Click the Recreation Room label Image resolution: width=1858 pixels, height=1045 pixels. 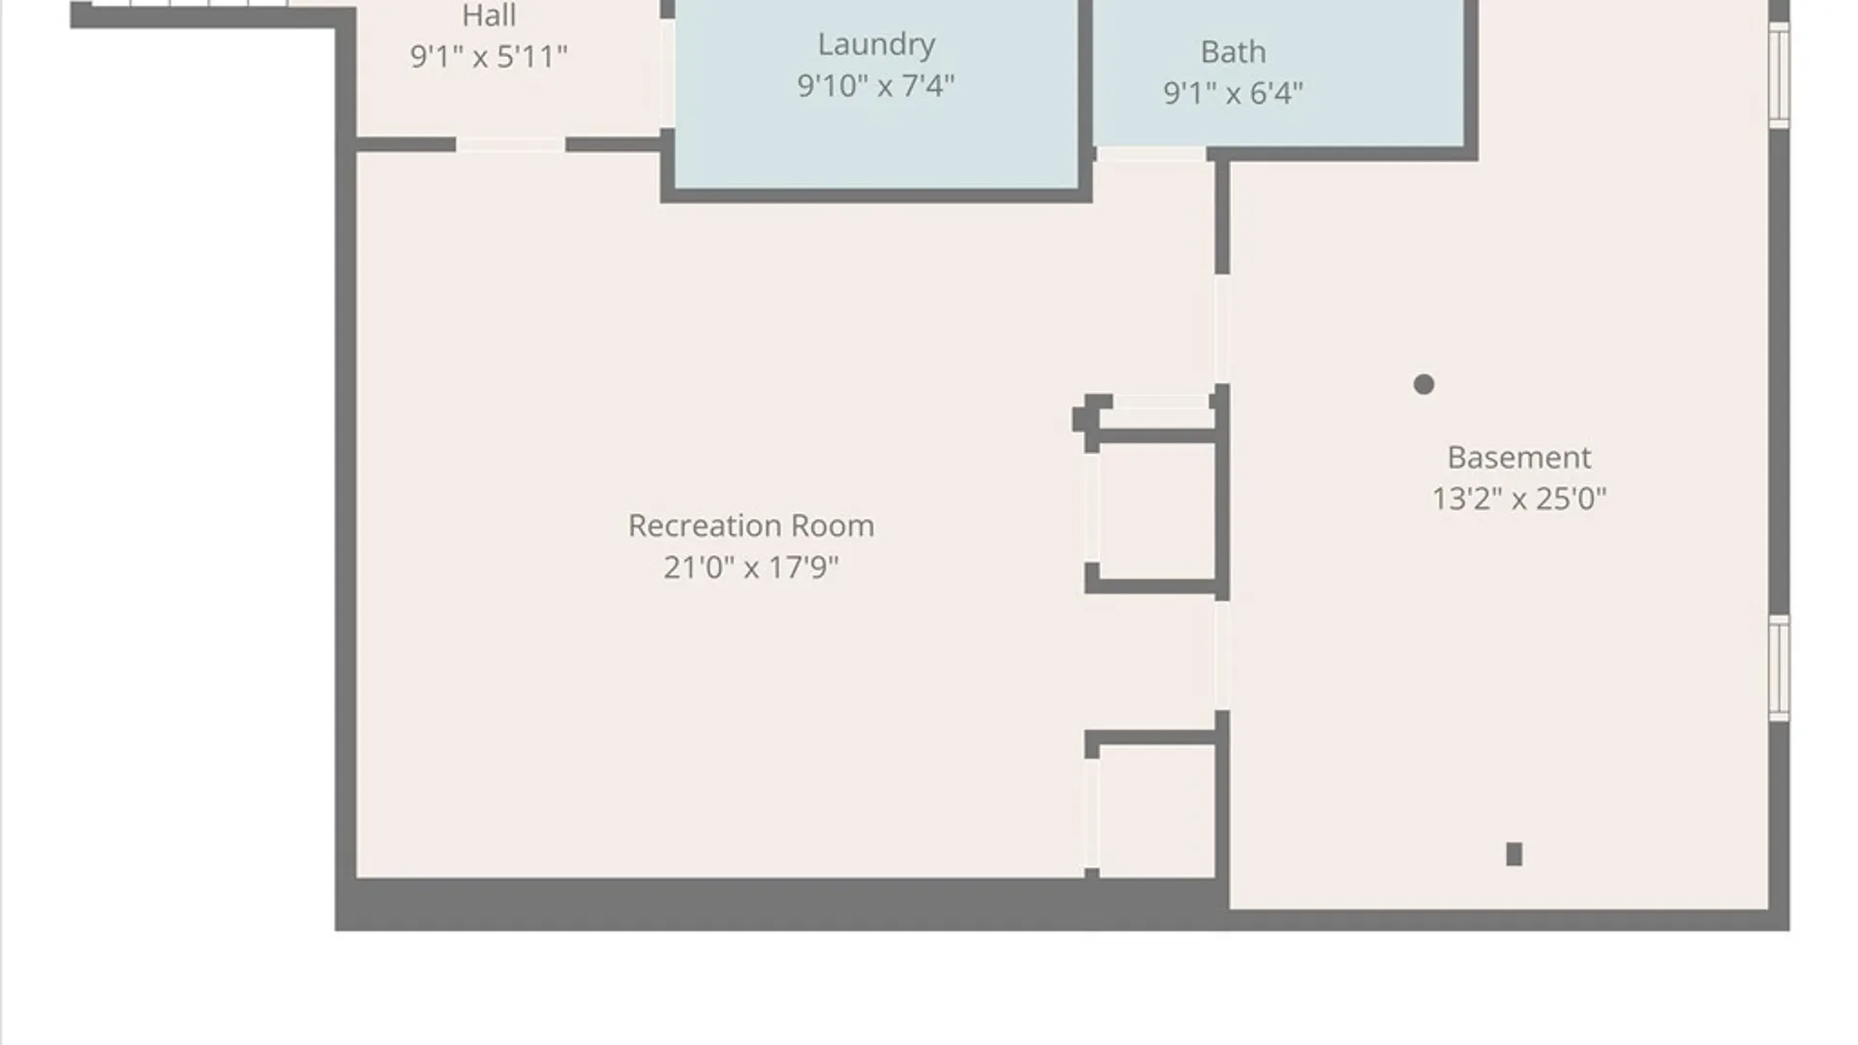pos(751,525)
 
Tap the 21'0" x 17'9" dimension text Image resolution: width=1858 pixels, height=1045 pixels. pos(751,566)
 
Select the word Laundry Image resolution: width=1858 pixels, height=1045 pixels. pos(877,45)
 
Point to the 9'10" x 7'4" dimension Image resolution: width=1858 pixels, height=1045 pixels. pos(876,85)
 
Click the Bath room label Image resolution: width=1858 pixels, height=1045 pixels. pos(1233,51)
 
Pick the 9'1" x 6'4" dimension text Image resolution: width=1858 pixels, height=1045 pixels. pos(1233,92)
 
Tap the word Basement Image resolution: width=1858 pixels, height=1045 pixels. pos(1518,457)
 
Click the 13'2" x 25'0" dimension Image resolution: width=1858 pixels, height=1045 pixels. pos(1518,498)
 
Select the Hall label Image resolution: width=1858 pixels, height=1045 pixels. pos(489,15)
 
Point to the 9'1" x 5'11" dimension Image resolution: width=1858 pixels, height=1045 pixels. pos(489,56)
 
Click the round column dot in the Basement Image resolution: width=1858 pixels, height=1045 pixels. pos(1423,384)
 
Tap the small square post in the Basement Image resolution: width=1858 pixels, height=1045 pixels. pos(1514,853)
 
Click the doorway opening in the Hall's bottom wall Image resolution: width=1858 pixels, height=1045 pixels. pos(511,144)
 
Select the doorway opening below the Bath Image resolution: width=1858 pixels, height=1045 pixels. pos(1152,154)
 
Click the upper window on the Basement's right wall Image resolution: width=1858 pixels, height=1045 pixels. pos(1779,75)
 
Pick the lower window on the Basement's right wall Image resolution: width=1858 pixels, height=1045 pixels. pos(1779,668)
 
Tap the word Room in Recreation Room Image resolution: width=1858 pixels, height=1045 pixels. pos(832,525)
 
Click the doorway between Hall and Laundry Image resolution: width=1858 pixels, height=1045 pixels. pos(668,73)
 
